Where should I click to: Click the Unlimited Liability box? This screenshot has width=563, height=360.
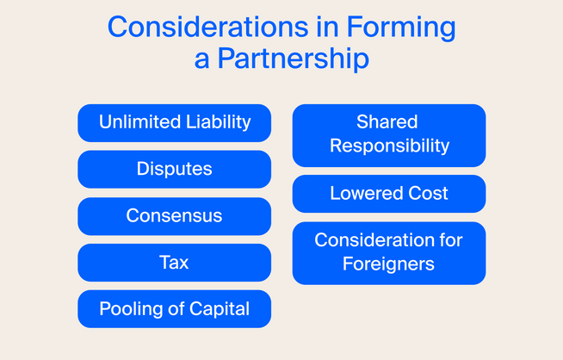click(x=174, y=122)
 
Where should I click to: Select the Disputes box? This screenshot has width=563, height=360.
click(x=174, y=169)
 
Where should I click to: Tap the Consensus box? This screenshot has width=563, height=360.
click(x=174, y=215)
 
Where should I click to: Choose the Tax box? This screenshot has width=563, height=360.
click(x=174, y=262)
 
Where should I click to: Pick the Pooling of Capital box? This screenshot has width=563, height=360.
click(x=174, y=308)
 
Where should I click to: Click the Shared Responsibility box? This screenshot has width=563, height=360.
click(x=389, y=134)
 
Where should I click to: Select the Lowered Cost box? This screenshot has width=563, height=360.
click(x=389, y=193)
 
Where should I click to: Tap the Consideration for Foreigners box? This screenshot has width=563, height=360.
click(x=389, y=251)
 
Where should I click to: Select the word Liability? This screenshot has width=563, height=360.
click(x=216, y=122)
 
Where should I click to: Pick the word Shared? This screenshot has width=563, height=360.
click(x=387, y=122)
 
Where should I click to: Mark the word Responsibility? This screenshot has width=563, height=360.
click(x=389, y=146)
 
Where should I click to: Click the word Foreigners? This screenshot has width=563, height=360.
click(x=389, y=264)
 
